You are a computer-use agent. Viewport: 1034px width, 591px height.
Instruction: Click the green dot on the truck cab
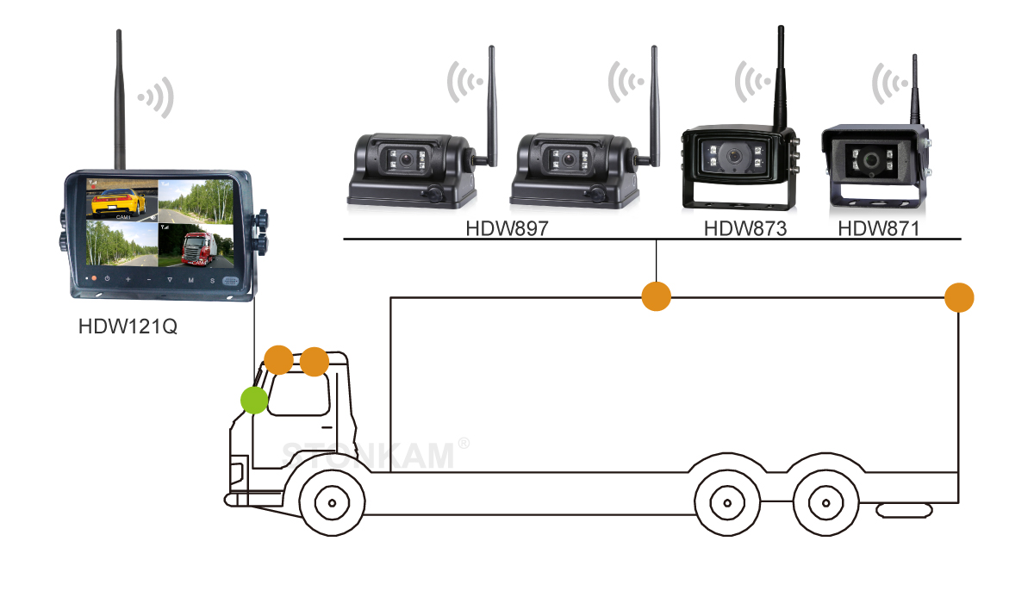(253, 400)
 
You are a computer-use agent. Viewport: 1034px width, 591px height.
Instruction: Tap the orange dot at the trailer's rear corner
(959, 298)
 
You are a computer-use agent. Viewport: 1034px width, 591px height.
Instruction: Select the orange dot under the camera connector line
(657, 296)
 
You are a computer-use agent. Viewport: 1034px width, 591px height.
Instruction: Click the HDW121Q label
(127, 328)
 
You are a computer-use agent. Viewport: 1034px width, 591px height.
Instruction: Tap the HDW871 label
(878, 229)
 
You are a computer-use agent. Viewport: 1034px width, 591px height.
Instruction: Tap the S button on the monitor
(211, 281)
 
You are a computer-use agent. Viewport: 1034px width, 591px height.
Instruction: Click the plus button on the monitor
(128, 281)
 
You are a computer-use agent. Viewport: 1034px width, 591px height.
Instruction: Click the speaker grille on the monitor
(228, 281)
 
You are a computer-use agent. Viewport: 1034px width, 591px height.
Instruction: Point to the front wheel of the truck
(329, 501)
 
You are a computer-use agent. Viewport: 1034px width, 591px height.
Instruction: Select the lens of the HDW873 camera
(734, 157)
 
